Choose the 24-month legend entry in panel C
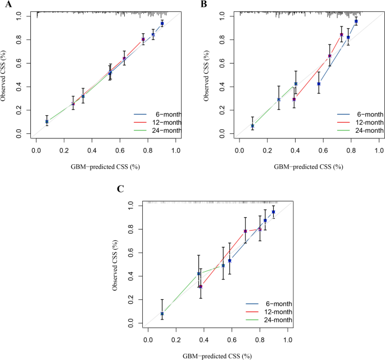272,320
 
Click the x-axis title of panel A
106,167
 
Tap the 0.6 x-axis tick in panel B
323,151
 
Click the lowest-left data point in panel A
47,121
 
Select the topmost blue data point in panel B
356,21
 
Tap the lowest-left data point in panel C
162,313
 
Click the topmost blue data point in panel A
162,24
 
